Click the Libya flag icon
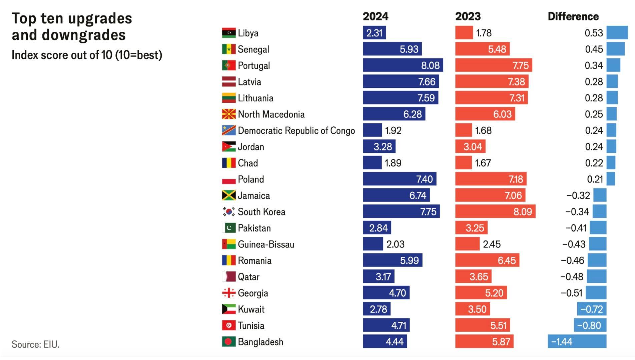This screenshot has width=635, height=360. (229, 33)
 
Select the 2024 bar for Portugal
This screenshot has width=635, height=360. (403, 65)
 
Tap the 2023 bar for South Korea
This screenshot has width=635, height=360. (495, 212)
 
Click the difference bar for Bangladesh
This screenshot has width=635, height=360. (577, 342)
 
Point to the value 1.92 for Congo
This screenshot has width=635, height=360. (393, 130)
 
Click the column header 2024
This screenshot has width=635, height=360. (376, 16)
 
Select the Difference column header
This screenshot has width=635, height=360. (573, 16)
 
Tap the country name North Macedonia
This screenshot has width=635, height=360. (271, 114)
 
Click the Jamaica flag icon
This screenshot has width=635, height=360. (229, 195)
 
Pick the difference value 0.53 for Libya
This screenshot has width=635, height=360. (594, 33)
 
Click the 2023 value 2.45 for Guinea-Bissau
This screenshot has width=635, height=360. (492, 244)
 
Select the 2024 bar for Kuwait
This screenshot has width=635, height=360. (377, 309)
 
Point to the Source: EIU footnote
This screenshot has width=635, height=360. (35, 344)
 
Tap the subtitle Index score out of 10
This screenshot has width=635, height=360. (87, 55)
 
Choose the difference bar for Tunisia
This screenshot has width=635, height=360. (590, 325)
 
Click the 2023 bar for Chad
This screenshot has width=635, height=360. (464, 163)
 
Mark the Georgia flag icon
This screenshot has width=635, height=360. (229, 293)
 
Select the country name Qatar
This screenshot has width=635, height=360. (248, 277)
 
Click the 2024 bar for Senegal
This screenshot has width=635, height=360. (392, 49)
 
